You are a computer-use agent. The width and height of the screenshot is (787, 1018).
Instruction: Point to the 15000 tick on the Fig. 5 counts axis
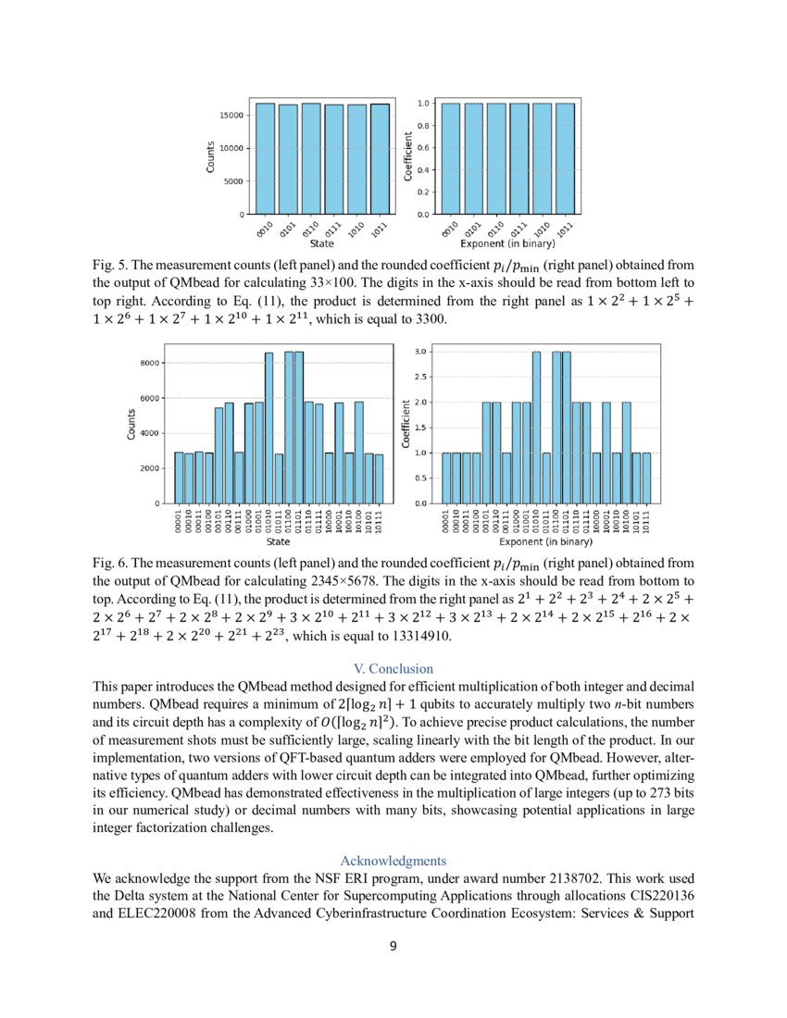[231, 116]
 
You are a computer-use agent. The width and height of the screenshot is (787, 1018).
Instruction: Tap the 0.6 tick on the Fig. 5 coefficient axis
[422, 148]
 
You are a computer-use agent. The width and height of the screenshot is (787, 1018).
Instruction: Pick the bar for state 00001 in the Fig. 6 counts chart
[179, 478]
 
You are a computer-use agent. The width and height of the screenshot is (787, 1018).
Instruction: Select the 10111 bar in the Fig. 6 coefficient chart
[646, 478]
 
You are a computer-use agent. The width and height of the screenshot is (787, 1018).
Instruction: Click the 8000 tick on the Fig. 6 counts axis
[152, 363]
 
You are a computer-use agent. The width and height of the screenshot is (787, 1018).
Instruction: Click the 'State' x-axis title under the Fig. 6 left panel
[278, 541]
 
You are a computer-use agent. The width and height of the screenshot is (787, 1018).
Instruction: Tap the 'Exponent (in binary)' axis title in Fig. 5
[507, 245]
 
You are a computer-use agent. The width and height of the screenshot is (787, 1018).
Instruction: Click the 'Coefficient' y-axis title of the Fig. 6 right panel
[406, 424]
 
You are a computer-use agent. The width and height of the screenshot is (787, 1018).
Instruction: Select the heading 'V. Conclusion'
[393, 668]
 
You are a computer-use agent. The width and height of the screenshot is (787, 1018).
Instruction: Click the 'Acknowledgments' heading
[393, 860]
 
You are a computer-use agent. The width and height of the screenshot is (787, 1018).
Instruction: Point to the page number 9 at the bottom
[393, 945]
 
